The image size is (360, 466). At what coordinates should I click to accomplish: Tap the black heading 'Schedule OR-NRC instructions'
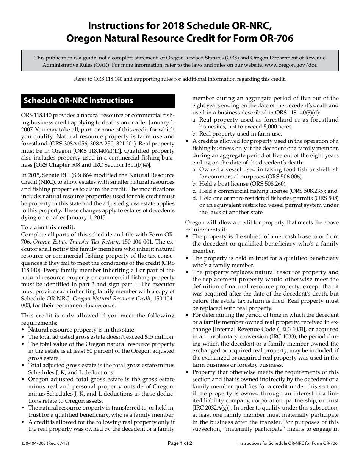click(x=78, y=101)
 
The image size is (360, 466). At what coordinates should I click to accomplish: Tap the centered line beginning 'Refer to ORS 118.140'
click(x=180, y=79)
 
